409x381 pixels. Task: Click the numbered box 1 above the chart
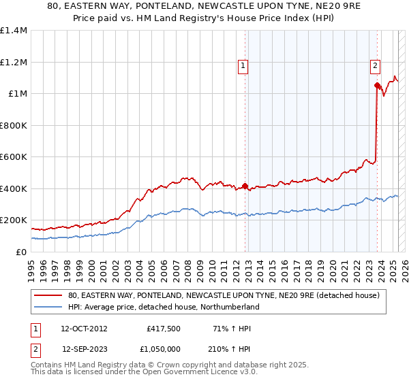(243, 66)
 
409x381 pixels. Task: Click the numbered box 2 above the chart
(375, 66)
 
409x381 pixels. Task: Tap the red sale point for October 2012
(245, 185)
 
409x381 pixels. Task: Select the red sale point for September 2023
(377, 85)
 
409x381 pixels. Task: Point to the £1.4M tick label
(14, 31)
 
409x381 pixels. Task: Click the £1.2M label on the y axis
(14, 62)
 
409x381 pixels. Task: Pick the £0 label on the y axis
(22, 252)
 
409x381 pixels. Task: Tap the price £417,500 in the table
(163, 328)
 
